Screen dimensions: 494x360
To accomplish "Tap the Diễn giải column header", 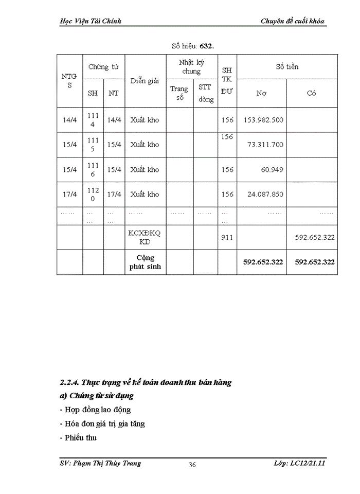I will point(145,81).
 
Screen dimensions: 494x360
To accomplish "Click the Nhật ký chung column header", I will point(191,67).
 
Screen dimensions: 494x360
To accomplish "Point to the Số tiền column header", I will point(286,67).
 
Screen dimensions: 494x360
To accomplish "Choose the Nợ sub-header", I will point(261,93).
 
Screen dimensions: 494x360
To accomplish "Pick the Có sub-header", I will point(311,93).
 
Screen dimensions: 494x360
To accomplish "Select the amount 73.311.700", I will point(265,145).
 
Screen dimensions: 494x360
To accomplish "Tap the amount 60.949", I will point(272,169).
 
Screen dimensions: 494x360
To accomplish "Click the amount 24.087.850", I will point(265,194).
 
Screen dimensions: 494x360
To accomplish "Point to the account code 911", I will point(227,237).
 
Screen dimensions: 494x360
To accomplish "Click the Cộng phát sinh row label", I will point(145,262).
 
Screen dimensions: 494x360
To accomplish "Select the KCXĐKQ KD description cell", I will point(145,237).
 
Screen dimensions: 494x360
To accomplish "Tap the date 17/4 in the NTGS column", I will point(69,194).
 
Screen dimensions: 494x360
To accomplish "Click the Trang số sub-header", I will point(179,93).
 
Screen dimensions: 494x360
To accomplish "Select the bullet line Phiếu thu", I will point(81,438).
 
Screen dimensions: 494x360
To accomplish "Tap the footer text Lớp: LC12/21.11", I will point(300,463).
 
